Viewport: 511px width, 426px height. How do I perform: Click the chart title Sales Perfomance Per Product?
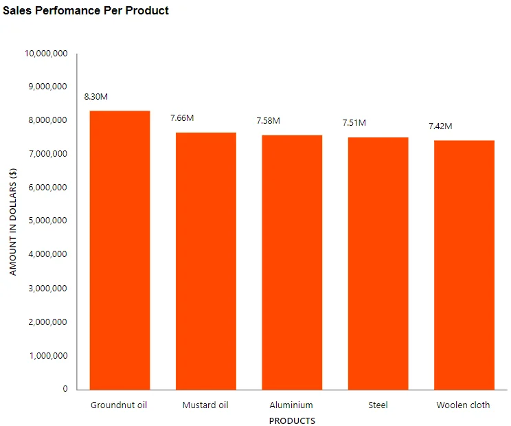pos(86,11)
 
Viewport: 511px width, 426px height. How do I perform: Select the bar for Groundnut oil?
pos(120,250)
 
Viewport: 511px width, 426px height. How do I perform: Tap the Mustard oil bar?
pos(205,261)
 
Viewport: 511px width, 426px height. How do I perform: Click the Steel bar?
pos(378,264)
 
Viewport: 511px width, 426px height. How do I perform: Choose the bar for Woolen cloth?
pos(464,265)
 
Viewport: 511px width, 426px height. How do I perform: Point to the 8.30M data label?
pos(96,97)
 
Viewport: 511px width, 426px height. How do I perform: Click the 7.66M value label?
pos(182,118)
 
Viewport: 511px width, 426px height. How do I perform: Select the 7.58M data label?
pos(268,121)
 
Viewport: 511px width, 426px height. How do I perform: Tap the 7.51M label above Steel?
pos(354,123)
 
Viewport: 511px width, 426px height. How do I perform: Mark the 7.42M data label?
pos(440,126)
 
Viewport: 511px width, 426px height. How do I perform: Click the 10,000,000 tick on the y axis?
pos(45,54)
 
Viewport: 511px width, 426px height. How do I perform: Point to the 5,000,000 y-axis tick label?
pos(47,221)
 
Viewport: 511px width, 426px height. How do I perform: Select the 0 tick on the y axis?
pos(65,389)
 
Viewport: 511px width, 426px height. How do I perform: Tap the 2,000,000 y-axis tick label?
pos(47,322)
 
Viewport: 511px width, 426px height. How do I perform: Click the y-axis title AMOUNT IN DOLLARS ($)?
pos(13,221)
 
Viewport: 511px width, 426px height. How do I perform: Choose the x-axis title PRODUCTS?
pos(292,421)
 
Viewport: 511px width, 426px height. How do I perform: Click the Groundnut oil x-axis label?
pos(119,405)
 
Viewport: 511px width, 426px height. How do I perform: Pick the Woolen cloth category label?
pos(463,405)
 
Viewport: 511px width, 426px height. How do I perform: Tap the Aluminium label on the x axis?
pos(291,405)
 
